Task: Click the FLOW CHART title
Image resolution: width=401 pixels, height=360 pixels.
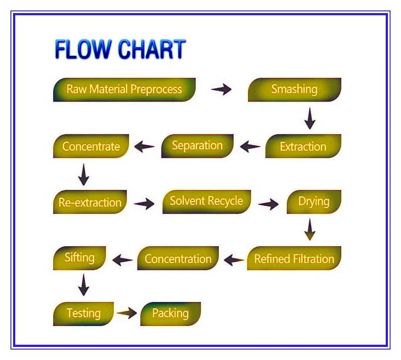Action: pyautogui.click(x=120, y=49)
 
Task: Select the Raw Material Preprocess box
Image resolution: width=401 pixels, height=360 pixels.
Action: pyautogui.click(x=124, y=90)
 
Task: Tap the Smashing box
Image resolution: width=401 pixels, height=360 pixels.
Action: pyautogui.click(x=294, y=90)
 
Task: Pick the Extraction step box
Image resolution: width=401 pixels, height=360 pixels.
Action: pyautogui.click(x=303, y=146)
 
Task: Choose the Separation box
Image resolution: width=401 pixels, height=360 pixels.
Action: pyautogui.click(x=197, y=146)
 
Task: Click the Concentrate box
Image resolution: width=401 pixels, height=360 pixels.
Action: pyautogui.click(x=91, y=146)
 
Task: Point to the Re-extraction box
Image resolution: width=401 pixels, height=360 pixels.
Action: pyautogui.click(x=90, y=202)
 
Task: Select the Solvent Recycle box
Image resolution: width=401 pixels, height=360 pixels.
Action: pyautogui.click(x=207, y=201)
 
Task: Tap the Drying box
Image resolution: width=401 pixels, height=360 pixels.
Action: pyautogui.click(x=314, y=202)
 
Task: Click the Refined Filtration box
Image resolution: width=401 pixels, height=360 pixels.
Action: pyautogui.click(x=294, y=258)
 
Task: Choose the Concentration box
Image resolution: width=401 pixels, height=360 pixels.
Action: pyautogui.click(x=178, y=258)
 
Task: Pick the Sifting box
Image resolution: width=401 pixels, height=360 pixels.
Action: pyautogui.click(x=80, y=258)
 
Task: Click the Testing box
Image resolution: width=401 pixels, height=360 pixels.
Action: pyautogui.click(x=83, y=313)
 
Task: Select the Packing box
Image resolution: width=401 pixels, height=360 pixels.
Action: pyautogui.click(x=170, y=313)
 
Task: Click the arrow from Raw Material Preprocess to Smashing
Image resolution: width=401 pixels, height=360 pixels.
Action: pyautogui.click(x=221, y=90)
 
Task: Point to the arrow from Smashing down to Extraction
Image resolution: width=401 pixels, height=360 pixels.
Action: pyautogui.click(x=310, y=118)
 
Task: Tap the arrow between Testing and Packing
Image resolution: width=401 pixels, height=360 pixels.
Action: pyautogui.click(x=127, y=313)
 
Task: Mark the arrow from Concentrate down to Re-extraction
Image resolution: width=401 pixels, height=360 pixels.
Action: pyautogui.click(x=84, y=174)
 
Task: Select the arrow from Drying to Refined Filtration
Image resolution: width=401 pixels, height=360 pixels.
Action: pyautogui.click(x=310, y=230)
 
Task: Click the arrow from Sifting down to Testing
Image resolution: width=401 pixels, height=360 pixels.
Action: pyautogui.click(x=83, y=285)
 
